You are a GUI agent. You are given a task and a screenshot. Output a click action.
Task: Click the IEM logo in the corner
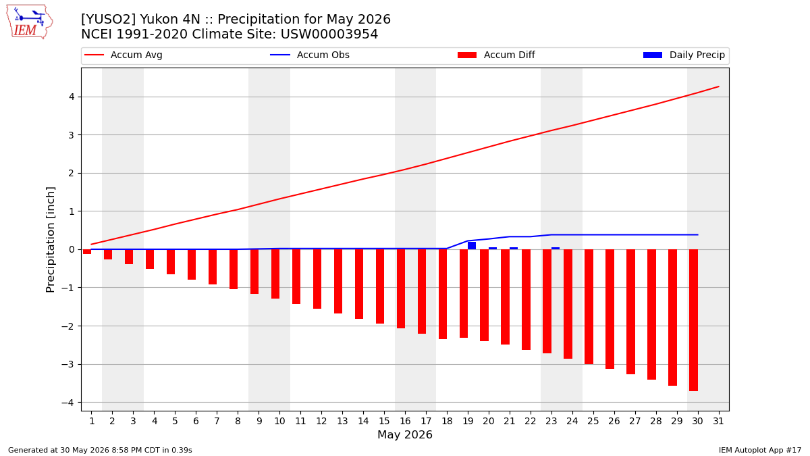pos(29,22)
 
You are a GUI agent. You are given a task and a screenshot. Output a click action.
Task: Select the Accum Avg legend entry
pos(124,55)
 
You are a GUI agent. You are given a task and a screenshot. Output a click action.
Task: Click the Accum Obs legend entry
pos(310,55)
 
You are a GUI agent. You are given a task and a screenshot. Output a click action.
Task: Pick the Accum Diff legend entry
pos(496,55)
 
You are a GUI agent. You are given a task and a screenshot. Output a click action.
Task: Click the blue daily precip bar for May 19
pos(472,246)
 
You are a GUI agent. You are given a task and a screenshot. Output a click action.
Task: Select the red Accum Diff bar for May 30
pos(694,320)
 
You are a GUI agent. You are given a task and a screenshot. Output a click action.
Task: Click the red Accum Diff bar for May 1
pos(87,251)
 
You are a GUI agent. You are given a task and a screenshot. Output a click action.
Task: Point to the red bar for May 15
pos(380,286)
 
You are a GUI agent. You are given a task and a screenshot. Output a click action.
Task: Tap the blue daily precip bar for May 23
pos(556,249)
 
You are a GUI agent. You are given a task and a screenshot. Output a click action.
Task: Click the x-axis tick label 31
pos(718,421)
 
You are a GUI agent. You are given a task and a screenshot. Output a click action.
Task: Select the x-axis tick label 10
pos(280,421)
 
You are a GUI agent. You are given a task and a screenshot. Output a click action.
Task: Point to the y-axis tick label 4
pos(72,97)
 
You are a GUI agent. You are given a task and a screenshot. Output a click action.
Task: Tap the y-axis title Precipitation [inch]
pos(50,240)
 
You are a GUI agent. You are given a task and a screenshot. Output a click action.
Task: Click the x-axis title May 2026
pos(405,434)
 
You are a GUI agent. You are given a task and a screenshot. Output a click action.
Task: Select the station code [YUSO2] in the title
pos(109,19)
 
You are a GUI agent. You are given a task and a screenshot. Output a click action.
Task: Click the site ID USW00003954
pos(329,34)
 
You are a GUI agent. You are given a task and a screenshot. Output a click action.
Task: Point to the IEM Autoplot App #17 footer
pos(760,450)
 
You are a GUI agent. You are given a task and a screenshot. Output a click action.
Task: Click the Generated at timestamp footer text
pos(100,450)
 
